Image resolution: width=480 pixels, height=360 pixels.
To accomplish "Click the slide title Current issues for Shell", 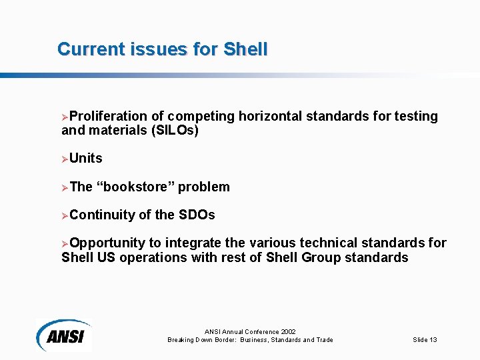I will [x=163, y=49].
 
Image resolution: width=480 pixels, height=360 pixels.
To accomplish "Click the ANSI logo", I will [x=64, y=335].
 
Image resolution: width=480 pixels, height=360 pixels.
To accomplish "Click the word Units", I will [x=86, y=159].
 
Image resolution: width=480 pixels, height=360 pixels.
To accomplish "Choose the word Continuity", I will [x=102, y=215].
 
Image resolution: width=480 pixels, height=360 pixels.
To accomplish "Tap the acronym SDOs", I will [x=197, y=215].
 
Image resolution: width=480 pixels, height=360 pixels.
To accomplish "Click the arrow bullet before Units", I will [x=65, y=159].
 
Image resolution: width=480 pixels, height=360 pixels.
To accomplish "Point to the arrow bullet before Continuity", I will [x=65, y=215].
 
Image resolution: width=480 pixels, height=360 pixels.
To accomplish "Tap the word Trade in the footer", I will [x=323, y=340].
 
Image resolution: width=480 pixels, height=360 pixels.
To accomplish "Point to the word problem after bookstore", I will [x=204, y=187].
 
